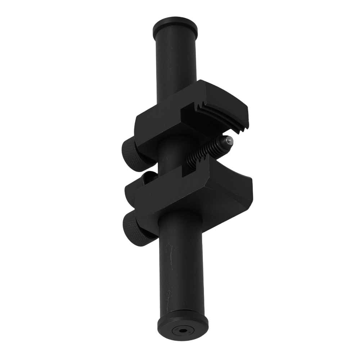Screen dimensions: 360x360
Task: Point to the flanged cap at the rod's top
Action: point(175,24)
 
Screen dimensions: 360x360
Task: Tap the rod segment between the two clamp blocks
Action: point(173,158)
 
